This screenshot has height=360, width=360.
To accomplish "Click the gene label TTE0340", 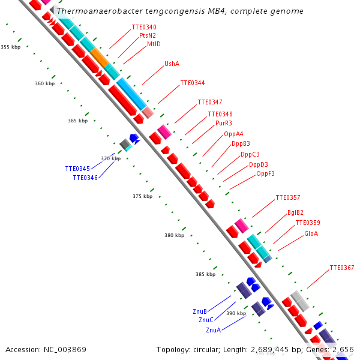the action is coord(144,27).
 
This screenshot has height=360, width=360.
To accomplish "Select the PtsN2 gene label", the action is coord(148,35).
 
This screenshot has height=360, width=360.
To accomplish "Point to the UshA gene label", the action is coord(172,64).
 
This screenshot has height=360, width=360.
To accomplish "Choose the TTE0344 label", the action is coord(193,83).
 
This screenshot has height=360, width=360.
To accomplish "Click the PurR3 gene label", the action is coord(224,123).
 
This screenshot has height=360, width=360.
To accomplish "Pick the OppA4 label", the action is coord(233,134).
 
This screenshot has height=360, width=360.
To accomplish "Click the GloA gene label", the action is coord(311,233).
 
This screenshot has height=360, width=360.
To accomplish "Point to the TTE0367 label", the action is coord(342,268).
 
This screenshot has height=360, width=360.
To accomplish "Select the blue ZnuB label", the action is coord(200,311).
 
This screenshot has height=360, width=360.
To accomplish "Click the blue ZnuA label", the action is coord(213,330).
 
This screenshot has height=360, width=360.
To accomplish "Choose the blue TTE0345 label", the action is coord(77,169).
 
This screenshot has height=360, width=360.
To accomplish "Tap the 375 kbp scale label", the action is coord(143,196).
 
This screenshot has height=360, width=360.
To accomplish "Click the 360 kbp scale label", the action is coord(45,83).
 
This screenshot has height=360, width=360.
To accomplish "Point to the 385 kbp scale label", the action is coord(205,274).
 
